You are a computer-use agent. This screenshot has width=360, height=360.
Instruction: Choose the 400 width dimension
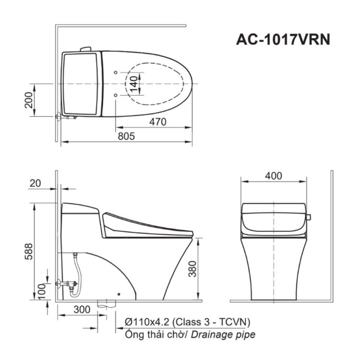(x=274, y=176)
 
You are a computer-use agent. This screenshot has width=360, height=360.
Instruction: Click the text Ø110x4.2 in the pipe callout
(x=147, y=322)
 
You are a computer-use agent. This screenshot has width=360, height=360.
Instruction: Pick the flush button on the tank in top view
(x=85, y=50)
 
